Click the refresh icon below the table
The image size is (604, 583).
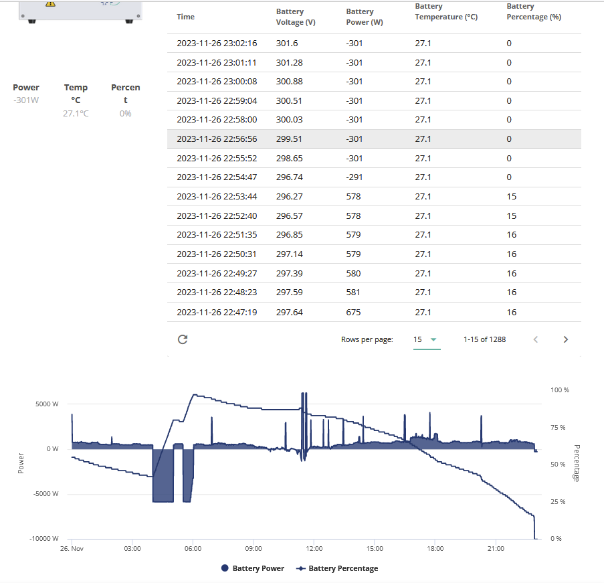(x=183, y=339)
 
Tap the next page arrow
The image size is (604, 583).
(x=565, y=339)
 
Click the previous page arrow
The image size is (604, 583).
(x=535, y=339)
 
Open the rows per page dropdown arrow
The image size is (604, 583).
(x=433, y=339)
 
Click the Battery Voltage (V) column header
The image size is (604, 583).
(x=296, y=17)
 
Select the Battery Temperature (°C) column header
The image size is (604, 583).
(x=446, y=11)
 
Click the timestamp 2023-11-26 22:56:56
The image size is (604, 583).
(x=217, y=139)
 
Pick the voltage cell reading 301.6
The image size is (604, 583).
(x=286, y=44)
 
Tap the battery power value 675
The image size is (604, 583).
(x=353, y=313)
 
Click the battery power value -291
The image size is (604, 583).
(x=355, y=177)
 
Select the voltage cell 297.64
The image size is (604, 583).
(x=289, y=313)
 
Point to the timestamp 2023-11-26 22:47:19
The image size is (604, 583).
(x=217, y=313)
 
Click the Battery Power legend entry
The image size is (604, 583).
(x=253, y=568)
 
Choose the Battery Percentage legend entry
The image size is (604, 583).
(x=337, y=568)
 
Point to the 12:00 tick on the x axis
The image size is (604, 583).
(x=314, y=548)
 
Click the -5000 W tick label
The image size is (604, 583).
(x=46, y=493)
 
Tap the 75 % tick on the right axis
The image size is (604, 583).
(x=558, y=427)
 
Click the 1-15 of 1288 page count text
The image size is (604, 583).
(x=484, y=339)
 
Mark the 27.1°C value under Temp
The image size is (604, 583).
(x=76, y=113)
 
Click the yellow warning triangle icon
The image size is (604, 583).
(x=50, y=3)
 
